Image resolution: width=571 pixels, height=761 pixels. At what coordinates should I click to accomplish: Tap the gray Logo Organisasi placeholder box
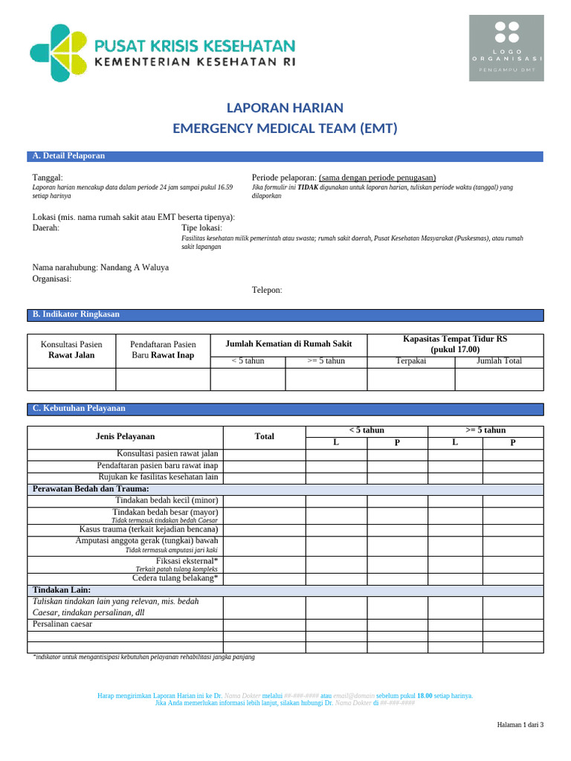(506, 48)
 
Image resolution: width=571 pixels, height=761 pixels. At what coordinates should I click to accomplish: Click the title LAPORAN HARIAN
(285, 107)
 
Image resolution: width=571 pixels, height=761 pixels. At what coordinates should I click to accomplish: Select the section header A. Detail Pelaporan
(68, 156)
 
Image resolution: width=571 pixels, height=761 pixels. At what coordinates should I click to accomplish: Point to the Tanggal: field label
(48, 178)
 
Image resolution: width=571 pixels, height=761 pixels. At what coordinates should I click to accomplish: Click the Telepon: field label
(267, 290)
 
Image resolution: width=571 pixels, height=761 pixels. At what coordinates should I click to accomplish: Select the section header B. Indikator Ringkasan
(75, 315)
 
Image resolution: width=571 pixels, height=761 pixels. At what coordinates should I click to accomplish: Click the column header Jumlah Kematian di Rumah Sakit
(288, 344)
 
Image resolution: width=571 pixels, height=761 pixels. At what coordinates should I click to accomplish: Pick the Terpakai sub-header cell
(411, 361)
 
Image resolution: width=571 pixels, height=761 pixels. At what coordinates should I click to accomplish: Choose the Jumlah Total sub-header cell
(499, 361)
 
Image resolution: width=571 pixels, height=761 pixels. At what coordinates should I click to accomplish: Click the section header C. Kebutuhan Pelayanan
(79, 409)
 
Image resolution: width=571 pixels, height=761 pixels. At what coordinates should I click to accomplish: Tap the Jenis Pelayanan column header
(126, 437)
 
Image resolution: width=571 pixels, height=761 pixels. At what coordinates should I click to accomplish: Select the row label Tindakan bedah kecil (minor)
(165, 501)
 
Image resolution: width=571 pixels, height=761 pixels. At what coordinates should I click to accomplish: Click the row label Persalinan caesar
(63, 625)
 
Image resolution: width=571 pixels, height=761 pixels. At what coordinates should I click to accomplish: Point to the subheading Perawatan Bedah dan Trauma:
(91, 489)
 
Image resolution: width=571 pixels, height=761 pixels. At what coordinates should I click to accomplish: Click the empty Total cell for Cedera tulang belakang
(264, 578)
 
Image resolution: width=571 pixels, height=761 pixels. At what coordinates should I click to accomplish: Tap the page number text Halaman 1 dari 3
(520, 725)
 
